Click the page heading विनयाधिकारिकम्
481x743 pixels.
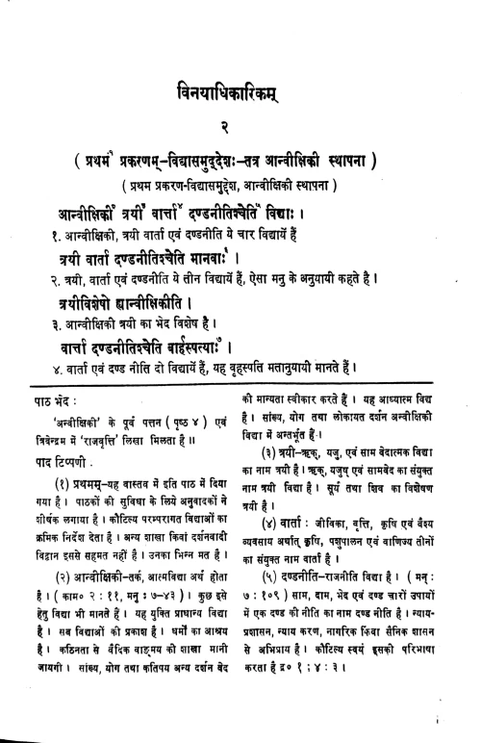240,93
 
